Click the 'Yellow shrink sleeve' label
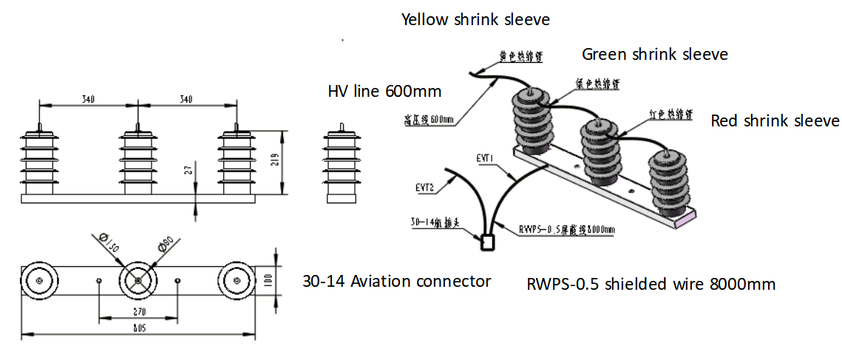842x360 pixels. coord(475,20)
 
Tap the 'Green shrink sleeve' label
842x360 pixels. coord(654,54)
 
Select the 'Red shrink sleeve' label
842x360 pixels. coord(775,120)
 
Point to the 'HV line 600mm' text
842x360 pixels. coord(384,92)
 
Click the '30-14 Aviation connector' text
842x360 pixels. coord(397,281)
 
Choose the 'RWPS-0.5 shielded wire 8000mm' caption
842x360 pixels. coord(651,284)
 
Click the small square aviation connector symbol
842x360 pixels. coord(487,242)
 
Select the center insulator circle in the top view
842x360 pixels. coord(138,280)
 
